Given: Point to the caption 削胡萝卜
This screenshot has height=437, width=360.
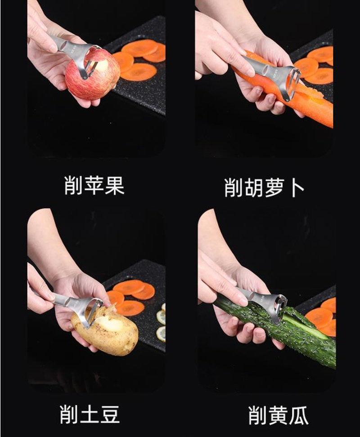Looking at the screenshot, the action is click(264, 187).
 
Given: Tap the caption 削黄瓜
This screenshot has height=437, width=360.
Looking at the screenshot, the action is click(278, 415).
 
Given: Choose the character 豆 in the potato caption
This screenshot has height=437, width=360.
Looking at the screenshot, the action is click(110, 415).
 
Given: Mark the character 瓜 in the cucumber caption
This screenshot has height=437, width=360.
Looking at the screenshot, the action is click(298, 415).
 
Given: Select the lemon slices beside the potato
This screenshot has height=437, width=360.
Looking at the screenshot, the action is click(161, 321).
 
